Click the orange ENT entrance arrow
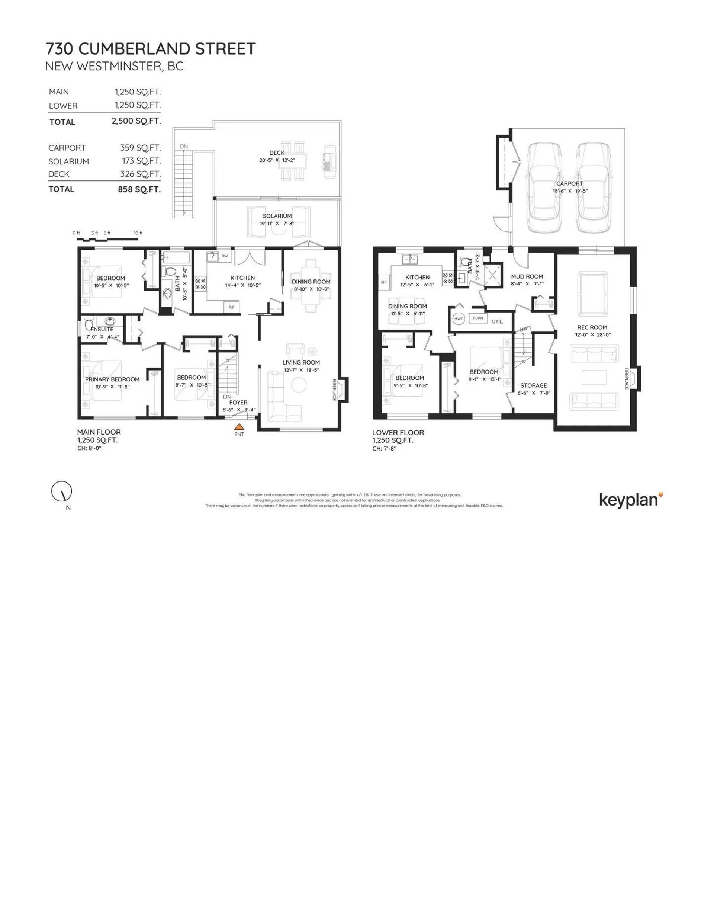[x=239, y=427]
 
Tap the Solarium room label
[x=277, y=216]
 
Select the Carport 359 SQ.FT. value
[x=140, y=148]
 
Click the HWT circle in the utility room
[x=459, y=319]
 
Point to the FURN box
[x=478, y=318]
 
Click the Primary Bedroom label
[x=112, y=379]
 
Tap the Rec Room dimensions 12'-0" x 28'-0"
[x=592, y=335]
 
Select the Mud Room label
[x=527, y=276]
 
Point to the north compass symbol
[x=62, y=491]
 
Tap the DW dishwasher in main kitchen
[x=224, y=256]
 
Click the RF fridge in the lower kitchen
[x=384, y=282]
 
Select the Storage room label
[x=533, y=385]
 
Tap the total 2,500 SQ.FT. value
[x=136, y=121]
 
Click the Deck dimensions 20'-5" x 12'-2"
[x=277, y=161]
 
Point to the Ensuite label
[x=102, y=329]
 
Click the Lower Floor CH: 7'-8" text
[x=384, y=448]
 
